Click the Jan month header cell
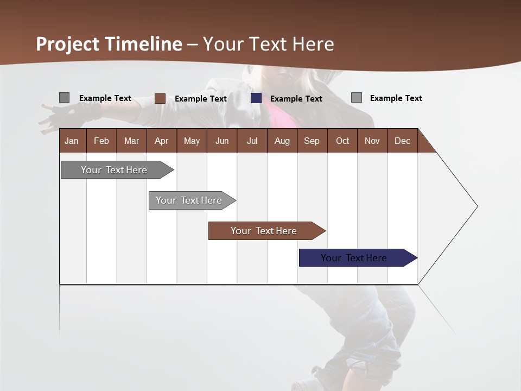pos(72,141)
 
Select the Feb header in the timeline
pos(101,141)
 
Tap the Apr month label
pos(161,141)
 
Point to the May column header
pos(192,141)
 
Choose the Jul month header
pos(252,141)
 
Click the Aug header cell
pos(282,141)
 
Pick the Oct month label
pos(342,141)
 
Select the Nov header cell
pos(372,141)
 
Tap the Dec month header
pos(402,141)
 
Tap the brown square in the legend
pos(160,98)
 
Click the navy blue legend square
pos(256,98)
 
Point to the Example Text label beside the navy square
pos(296,99)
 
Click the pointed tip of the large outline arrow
pos(476,206)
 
